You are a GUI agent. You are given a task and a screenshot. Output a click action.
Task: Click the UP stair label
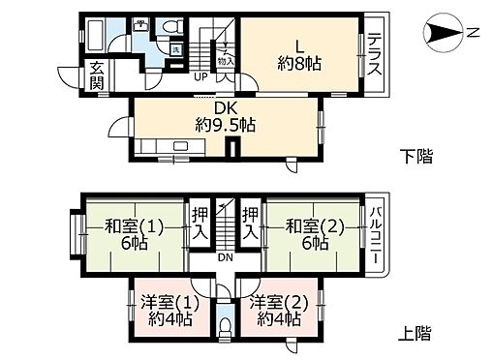coord(200,75)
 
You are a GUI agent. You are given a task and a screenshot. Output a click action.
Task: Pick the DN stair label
coord(223,256)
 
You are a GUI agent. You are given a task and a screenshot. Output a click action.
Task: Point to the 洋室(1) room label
coord(163,310)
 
